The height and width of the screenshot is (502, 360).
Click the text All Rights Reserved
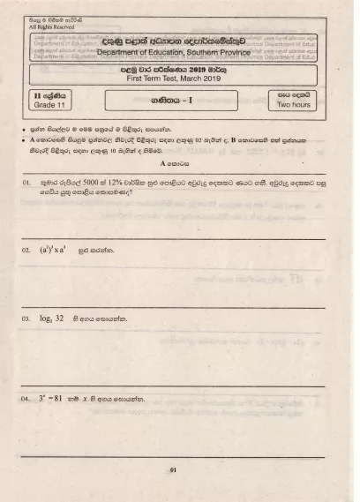tap(52, 26)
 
